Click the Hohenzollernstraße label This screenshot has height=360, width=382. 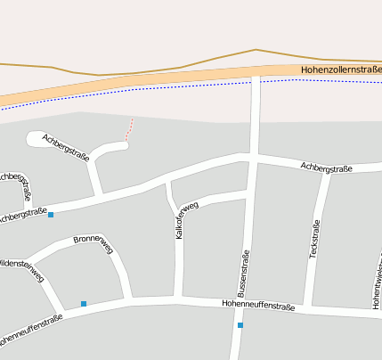[341, 69]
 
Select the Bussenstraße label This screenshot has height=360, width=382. [243, 274]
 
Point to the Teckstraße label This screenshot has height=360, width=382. [313, 241]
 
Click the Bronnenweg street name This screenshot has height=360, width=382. [93, 243]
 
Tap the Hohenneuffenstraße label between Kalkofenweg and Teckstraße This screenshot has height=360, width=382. [258, 306]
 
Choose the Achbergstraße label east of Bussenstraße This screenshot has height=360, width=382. [326, 167]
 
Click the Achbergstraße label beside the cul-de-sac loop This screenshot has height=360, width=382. [66, 146]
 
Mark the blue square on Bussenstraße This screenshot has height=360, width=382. [240, 325]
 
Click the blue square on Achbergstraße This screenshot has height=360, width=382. [51, 215]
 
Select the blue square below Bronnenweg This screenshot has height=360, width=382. [84, 304]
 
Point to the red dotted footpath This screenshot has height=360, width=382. [130, 130]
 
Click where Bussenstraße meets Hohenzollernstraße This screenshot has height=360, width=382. [256, 75]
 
